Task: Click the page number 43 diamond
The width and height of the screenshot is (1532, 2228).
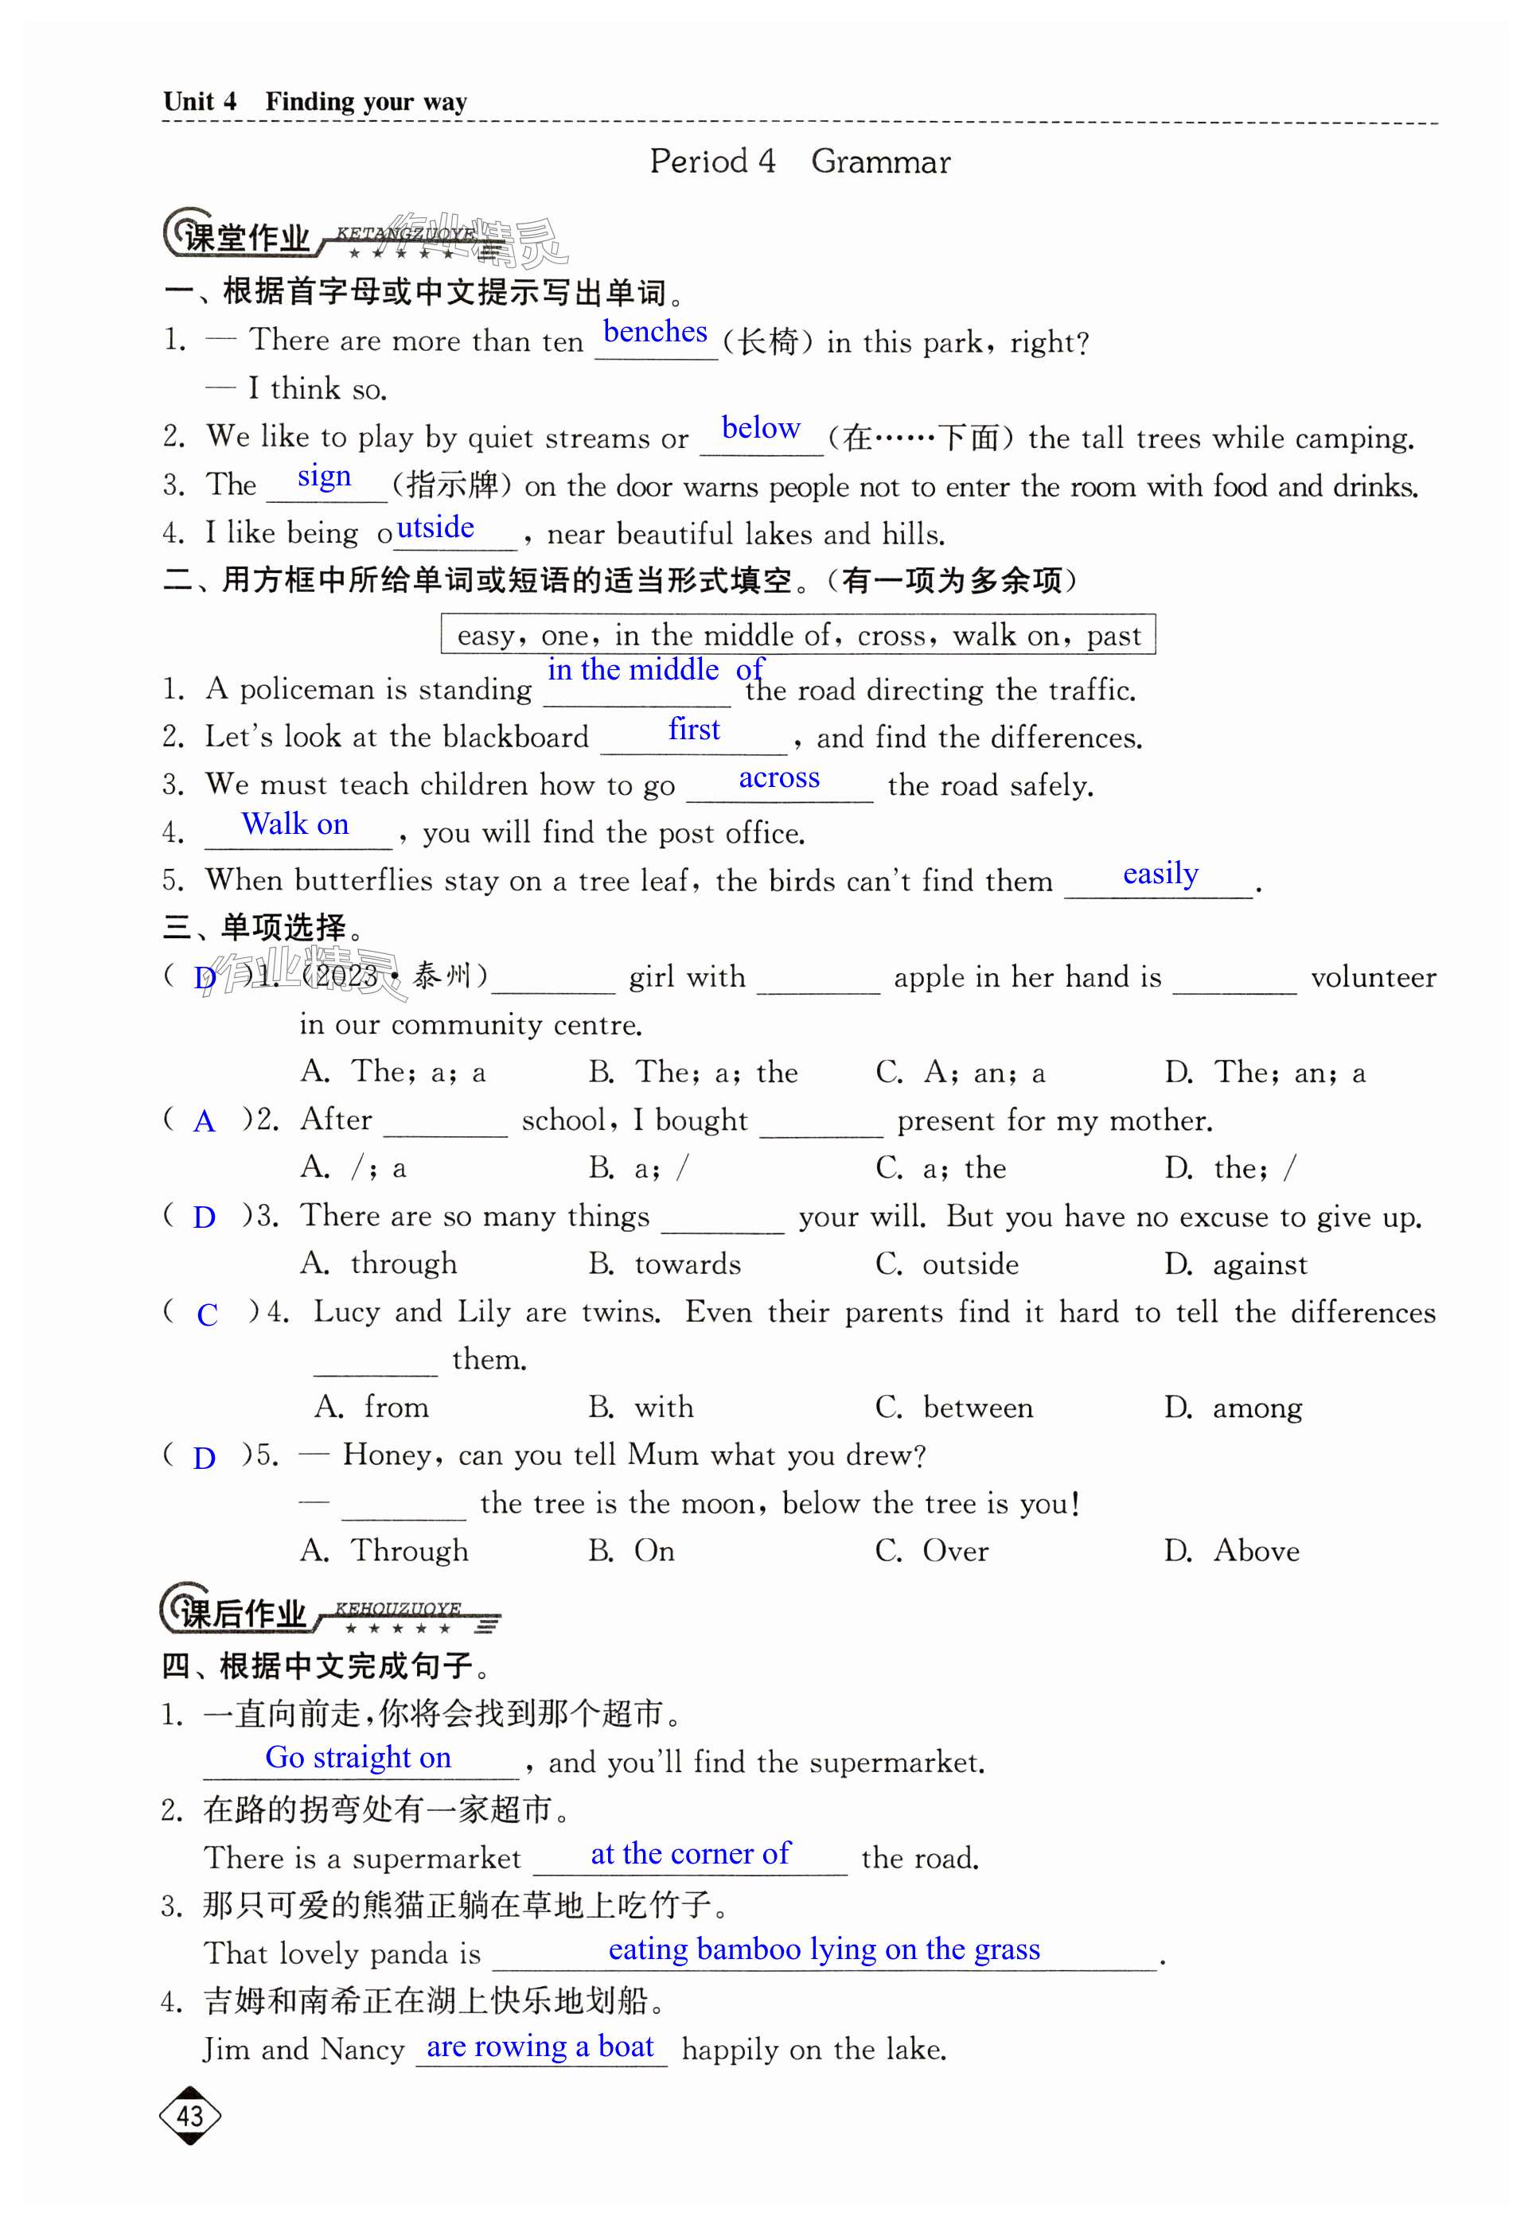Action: (x=189, y=2115)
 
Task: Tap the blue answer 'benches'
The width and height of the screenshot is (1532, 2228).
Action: (x=655, y=332)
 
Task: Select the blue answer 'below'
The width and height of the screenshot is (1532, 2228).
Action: (x=760, y=428)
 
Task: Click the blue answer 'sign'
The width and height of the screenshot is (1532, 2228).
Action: (x=325, y=476)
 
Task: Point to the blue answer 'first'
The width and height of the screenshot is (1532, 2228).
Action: (x=693, y=730)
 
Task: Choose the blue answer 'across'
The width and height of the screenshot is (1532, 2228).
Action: (x=778, y=778)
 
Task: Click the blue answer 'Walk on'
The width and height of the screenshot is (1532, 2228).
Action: (x=294, y=824)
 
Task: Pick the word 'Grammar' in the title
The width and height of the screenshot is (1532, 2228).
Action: (x=880, y=162)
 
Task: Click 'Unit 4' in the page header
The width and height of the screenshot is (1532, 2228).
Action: (x=200, y=102)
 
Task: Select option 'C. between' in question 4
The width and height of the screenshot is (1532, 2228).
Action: (x=954, y=1408)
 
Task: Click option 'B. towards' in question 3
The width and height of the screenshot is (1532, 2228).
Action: (x=665, y=1264)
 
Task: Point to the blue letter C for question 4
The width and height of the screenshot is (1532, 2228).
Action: (x=206, y=1315)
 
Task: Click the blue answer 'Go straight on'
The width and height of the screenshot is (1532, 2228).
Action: (x=358, y=1757)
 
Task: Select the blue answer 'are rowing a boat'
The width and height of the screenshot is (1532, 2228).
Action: (x=540, y=2047)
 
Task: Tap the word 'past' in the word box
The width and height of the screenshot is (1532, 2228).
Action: (x=1113, y=635)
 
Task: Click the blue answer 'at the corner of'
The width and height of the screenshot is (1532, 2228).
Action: (x=690, y=1854)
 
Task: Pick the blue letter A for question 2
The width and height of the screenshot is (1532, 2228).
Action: (x=205, y=1122)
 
